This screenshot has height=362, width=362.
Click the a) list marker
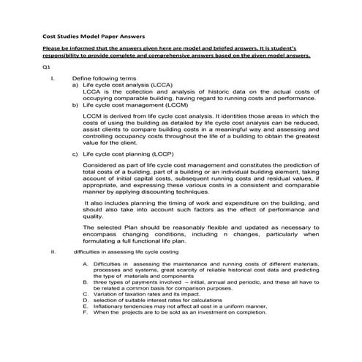pyautogui.click(x=75, y=84)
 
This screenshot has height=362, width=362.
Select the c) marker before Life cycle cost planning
pyautogui.click(x=75, y=155)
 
